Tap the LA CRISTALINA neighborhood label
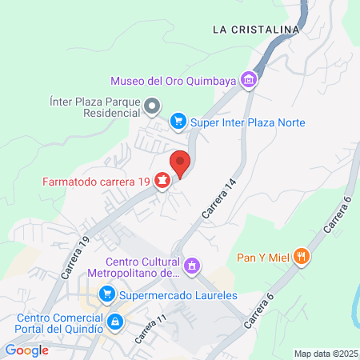pyautogui.click(x=255, y=30)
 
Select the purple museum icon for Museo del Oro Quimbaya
pyautogui.click(x=250, y=80)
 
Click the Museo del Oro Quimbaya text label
pyautogui.click(x=174, y=80)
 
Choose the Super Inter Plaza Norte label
pyautogui.click(x=249, y=122)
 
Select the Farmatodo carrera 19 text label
pyautogui.click(x=96, y=182)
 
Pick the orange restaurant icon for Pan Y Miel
pyautogui.click(x=302, y=257)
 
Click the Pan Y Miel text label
pyautogui.click(x=263, y=258)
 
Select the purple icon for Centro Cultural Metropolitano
pyautogui.click(x=191, y=265)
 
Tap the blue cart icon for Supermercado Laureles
pyautogui.click(x=106, y=295)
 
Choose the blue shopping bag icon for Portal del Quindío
pyautogui.click(x=116, y=322)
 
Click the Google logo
pyautogui.click(x=26, y=350)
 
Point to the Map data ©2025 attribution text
pyautogui.click(x=326, y=354)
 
